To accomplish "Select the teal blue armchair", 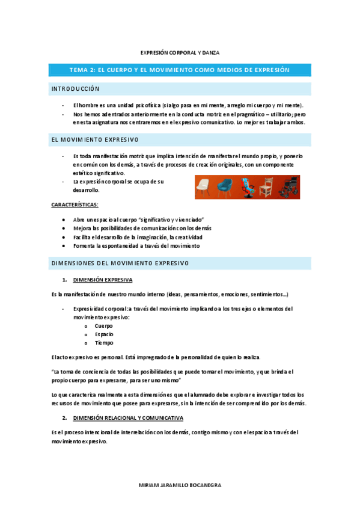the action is click(227, 187).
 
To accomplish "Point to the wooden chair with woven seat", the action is click(266, 187).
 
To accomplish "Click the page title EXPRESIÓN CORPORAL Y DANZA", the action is click(180, 53).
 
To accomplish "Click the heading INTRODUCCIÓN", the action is click(75, 88).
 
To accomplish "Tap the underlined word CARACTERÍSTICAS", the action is click(75, 205).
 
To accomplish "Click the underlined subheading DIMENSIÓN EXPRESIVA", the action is click(103, 280).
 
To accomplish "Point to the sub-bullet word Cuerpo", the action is click(103, 325).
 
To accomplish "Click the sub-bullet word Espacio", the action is click(104, 334).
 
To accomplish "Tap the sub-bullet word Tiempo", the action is click(103, 343).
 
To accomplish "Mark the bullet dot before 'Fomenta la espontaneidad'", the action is click(64, 246).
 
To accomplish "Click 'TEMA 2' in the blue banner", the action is click(82, 70).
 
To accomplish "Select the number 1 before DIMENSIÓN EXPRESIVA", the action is click(64, 280).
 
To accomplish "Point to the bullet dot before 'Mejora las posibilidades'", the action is click(64, 229).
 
